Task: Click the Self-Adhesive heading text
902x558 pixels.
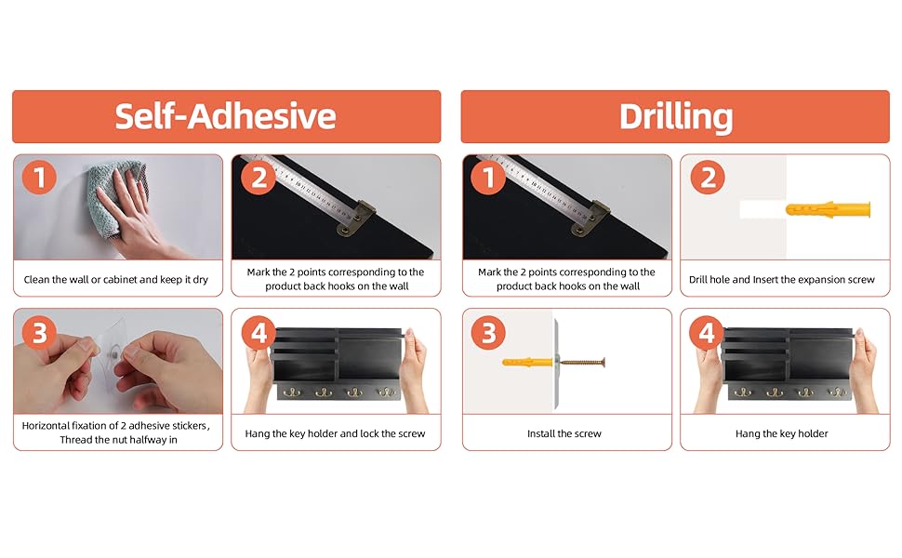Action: click(x=225, y=116)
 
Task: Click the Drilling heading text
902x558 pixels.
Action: click(x=676, y=117)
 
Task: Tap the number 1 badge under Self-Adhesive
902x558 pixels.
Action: click(x=39, y=178)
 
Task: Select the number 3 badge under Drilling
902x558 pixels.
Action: click(x=488, y=333)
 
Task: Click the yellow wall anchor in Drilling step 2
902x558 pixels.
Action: click(x=828, y=209)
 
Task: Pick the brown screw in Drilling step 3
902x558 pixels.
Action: click(x=581, y=363)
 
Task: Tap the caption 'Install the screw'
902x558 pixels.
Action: click(x=564, y=433)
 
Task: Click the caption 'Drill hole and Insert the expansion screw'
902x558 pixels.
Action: click(x=782, y=280)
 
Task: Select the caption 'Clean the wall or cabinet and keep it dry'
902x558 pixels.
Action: click(x=115, y=280)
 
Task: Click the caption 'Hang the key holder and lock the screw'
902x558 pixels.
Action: click(x=335, y=433)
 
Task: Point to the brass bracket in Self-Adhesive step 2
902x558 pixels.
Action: click(x=354, y=218)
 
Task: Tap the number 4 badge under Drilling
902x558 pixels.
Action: click(x=707, y=333)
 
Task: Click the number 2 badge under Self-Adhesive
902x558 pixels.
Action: click(x=259, y=178)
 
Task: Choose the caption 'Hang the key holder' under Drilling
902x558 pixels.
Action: click(x=782, y=433)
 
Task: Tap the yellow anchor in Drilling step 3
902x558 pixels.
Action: click(x=527, y=363)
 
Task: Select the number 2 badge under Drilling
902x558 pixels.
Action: click(x=707, y=178)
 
